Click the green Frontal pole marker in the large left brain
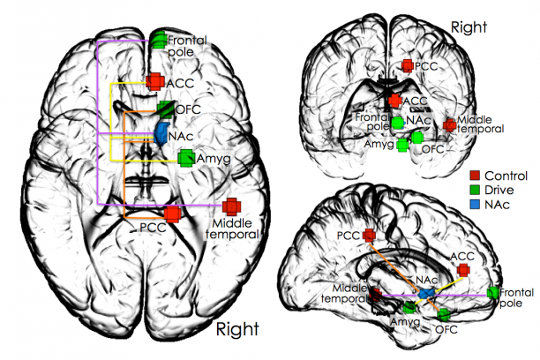pos(159,40)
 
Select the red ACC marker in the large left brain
pos(154,82)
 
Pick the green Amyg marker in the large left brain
pos(186,158)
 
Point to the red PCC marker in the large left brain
pos(174,213)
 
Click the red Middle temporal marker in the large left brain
pos(231,206)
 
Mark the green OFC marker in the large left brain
pos(165,109)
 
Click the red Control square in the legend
pos(474,175)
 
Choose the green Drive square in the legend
pos(474,190)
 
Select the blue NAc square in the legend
pos(474,205)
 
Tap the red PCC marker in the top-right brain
pos(407,65)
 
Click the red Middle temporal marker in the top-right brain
pos(450,124)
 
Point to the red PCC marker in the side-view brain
pos(369,236)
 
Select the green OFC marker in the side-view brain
pos(443,314)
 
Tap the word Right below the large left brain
pos(237,330)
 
